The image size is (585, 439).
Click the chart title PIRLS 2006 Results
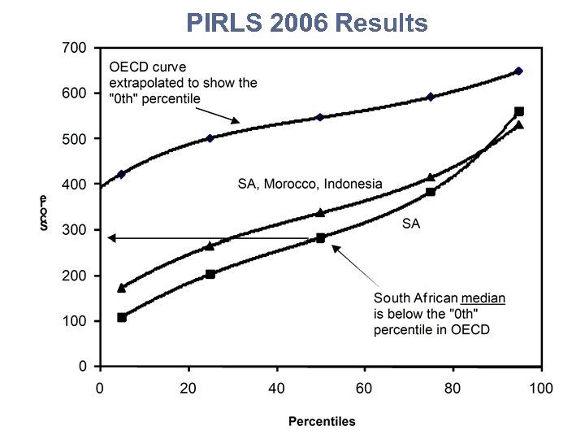point(305,23)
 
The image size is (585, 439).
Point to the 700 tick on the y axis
point(75,48)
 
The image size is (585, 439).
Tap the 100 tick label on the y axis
point(75,321)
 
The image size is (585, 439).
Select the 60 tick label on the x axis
point(364,387)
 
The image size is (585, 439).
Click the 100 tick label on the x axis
point(541,387)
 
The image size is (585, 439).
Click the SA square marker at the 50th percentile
point(320,238)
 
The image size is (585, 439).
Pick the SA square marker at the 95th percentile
point(519,111)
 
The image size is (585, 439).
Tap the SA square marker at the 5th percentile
point(122,317)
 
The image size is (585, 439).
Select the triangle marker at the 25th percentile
point(210,246)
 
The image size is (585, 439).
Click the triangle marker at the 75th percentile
point(431,177)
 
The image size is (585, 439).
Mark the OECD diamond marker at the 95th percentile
point(519,72)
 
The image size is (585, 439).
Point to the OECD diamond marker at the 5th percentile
point(122,174)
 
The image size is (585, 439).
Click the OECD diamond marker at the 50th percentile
point(320,117)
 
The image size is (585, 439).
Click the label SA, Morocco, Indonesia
point(309,184)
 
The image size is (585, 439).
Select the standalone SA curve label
point(411,224)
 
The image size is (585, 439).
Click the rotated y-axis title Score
point(44,212)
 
